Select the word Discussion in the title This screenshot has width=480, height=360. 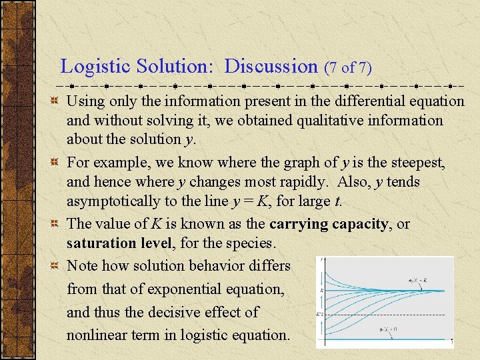tap(271, 67)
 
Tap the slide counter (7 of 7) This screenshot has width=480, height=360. tap(347, 67)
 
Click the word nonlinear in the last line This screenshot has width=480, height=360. tap(98, 335)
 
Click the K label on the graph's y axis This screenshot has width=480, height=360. tap(320, 291)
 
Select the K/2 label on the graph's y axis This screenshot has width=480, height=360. tap(319, 314)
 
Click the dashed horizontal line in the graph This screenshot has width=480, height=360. tap(387, 314)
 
